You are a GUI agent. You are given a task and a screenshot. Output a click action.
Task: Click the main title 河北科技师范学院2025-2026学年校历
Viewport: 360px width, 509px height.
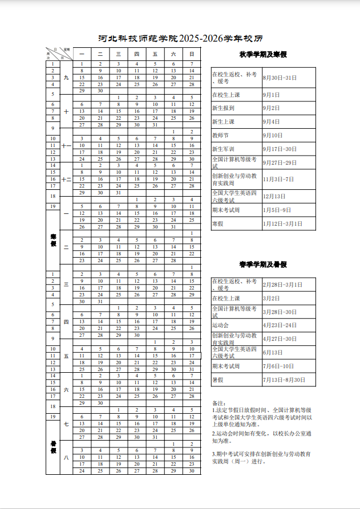(181, 39)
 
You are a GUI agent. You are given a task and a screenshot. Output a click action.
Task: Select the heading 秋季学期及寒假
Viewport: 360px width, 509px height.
(263, 55)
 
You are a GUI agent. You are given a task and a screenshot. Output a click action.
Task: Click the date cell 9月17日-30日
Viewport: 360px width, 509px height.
(280, 149)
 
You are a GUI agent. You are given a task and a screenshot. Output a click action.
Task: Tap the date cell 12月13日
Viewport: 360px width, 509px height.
(274, 196)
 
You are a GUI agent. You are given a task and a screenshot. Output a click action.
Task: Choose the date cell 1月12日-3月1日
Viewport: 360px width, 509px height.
(282, 223)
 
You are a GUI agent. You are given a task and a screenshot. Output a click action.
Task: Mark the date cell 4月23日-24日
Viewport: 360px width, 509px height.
(280, 325)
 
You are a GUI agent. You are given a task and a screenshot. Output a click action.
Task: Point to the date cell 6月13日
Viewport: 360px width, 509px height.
(272, 352)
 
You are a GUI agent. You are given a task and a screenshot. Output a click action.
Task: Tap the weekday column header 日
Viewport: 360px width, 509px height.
(192, 54)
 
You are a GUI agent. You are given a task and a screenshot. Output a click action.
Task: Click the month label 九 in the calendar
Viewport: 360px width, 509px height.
(66, 77)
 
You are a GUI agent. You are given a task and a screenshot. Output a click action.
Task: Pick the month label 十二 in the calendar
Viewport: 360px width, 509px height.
(66, 180)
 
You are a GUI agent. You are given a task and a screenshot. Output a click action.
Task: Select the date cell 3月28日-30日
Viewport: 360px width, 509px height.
(280, 312)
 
